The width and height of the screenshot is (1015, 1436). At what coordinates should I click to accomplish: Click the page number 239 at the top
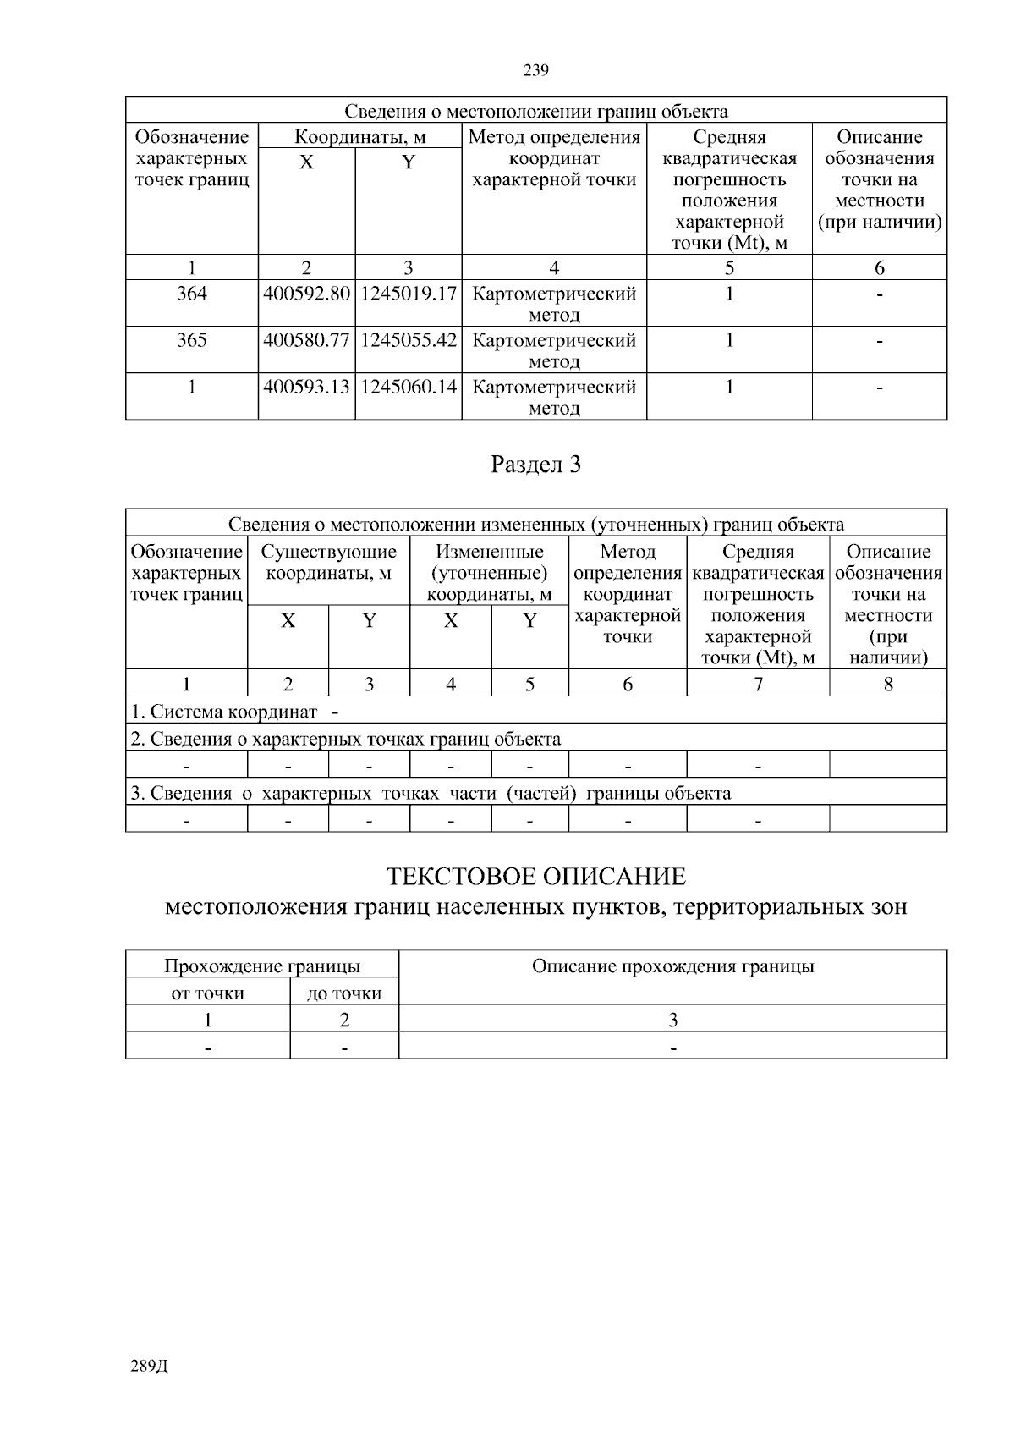536,70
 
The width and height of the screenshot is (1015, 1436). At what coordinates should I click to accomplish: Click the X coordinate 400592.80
306,294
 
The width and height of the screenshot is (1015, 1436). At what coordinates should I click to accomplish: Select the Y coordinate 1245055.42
409,341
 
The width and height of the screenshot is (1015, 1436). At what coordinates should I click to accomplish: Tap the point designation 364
192,294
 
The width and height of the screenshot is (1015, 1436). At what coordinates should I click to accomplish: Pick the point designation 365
192,341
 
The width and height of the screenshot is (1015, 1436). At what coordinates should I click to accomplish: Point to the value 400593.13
306,388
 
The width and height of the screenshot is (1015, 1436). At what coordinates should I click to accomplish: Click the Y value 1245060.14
409,388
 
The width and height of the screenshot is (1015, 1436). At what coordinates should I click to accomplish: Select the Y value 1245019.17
409,294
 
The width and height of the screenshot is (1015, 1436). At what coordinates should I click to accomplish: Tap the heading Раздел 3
536,465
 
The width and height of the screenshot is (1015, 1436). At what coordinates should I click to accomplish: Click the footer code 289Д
150,1367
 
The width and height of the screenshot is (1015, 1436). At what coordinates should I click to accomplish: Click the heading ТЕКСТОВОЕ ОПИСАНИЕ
536,876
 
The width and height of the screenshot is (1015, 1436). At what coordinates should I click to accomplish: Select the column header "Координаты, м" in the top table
359,137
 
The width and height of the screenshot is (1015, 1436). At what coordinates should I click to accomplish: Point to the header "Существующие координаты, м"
328,563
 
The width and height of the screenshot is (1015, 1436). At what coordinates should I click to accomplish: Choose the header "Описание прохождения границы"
672,966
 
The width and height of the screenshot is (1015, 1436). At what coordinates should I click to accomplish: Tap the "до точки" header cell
344,993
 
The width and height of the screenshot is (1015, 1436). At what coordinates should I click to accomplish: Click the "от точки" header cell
207,993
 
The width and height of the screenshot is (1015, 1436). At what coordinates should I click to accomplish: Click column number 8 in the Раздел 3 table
888,684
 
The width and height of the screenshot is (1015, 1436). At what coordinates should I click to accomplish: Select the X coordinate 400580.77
306,341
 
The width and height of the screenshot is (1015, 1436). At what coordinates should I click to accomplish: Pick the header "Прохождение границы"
262,966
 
